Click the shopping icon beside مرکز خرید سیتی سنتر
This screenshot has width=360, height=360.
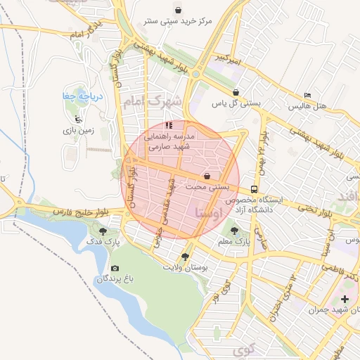coord(179,11)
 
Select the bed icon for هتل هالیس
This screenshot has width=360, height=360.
coord(307,95)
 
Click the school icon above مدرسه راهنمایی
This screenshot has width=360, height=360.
coord(168,124)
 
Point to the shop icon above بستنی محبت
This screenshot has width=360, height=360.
coord(207,175)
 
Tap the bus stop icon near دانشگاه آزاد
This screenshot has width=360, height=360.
coord(254,188)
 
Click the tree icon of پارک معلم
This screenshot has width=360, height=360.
coord(233,230)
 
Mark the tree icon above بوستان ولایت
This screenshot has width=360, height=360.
coord(185,257)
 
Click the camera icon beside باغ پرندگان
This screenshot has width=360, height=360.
coord(115,268)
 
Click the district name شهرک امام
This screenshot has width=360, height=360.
coord(152,102)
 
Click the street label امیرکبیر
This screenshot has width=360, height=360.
coord(230,56)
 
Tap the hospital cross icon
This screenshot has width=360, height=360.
coord(345,300)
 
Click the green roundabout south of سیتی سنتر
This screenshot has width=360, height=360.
coord(195,74)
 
